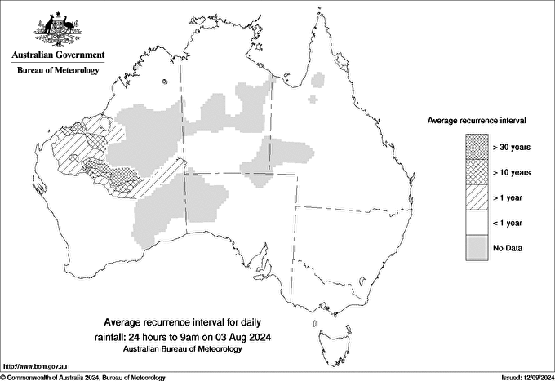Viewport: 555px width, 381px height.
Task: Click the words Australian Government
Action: tap(57, 55)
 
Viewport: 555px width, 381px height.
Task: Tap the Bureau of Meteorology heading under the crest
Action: tap(57, 71)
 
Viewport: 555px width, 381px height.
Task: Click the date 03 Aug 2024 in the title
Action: tap(243, 336)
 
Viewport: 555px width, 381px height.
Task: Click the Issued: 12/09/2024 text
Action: tap(522, 377)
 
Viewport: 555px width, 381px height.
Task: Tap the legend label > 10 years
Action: tap(512, 171)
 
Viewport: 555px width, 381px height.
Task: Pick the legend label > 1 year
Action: tap(509, 197)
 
